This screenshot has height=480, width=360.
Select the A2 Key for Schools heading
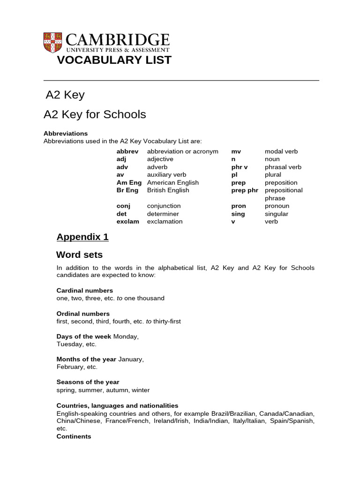pos(95,114)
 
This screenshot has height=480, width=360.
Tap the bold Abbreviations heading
pos(66,134)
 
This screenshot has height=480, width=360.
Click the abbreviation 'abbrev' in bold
pos(127,151)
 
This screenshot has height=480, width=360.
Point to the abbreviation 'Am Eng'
pos(129,182)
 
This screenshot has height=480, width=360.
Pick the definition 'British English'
pos(168,190)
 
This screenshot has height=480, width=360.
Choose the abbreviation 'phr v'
pos(240,167)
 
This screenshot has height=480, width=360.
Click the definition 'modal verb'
pos(281,151)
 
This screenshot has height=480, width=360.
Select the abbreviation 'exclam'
pos(128,221)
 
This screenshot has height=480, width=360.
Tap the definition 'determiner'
pos(163,214)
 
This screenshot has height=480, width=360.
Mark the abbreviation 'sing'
pos(238,214)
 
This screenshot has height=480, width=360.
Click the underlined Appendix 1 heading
pos(82,237)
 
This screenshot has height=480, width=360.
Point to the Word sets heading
pos(79,255)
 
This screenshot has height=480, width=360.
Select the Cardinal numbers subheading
pos(85,291)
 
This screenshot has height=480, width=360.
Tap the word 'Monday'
pos(126,337)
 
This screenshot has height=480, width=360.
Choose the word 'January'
pos(131,359)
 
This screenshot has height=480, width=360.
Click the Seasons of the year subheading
pos(88,382)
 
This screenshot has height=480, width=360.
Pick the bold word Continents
pos(74,436)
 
